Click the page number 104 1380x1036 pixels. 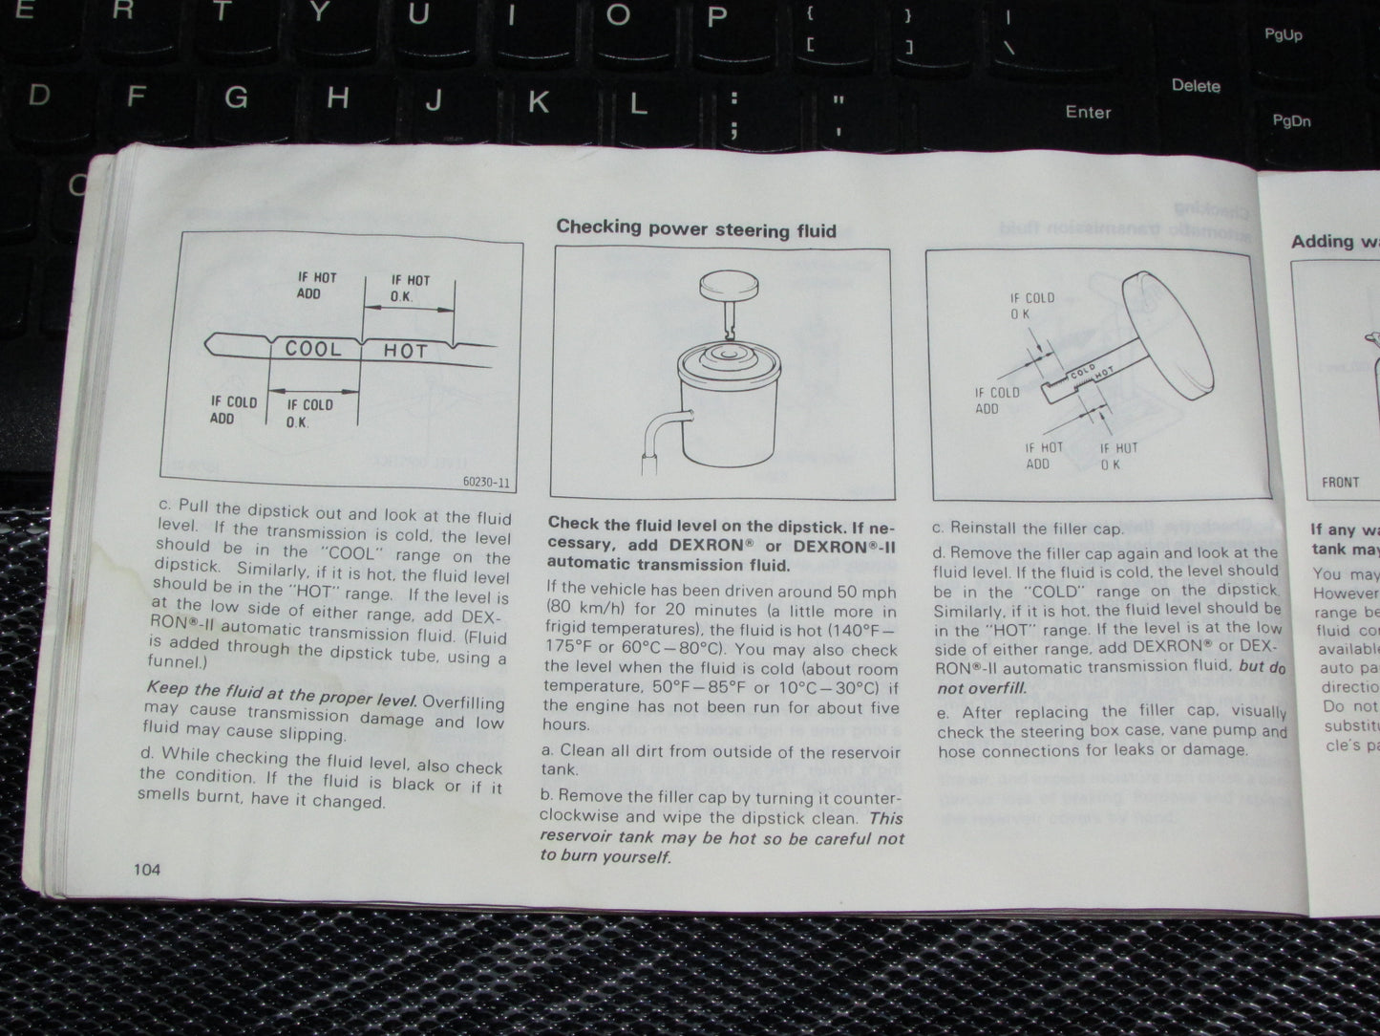[147, 869]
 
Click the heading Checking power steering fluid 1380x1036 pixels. [696, 229]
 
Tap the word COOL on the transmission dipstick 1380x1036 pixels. [313, 349]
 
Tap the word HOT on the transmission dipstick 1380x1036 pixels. [405, 352]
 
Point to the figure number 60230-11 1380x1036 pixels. [486, 483]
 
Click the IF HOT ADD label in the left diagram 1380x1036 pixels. [316, 286]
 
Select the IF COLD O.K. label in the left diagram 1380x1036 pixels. [309, 413]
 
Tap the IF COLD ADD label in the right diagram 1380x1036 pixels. [997, 400]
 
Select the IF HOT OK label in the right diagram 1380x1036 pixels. [1117, 456]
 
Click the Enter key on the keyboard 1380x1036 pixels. [1088, 112]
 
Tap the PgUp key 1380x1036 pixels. [1283, 34]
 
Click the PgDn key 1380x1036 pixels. [1291, 121]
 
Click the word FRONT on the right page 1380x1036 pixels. [1340, 482]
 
